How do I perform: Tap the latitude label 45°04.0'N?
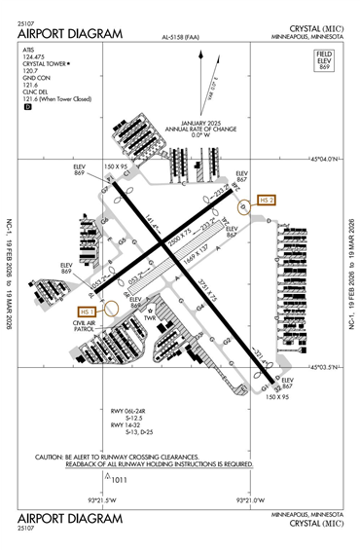coord(323,160)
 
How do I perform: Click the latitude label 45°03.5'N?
coord(323,367)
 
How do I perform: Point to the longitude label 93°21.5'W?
coord(102,500)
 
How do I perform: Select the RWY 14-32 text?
coord(126,424)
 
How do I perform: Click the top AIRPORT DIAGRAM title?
coord(70,33)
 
